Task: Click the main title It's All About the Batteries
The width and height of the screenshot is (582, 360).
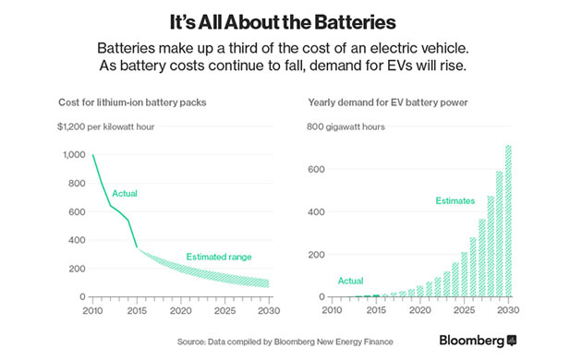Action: coord(291,19)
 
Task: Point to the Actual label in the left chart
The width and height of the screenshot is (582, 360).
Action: coord(126,194)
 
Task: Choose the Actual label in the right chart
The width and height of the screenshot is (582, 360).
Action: coord(352,281)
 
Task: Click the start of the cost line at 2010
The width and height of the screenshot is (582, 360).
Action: coord(93,155)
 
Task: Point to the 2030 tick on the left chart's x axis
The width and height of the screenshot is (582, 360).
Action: coord(268,310)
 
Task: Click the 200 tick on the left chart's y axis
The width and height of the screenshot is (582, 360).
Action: coord(77,269)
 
